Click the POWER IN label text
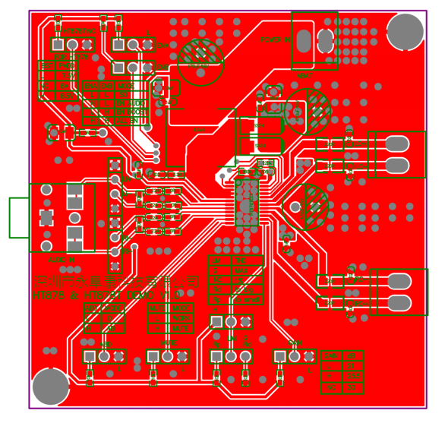[x=275, y=39]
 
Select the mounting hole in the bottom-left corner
[x=51, y=387]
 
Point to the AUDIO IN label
[x=61, y=260]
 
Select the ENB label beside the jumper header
[x=169, y=345]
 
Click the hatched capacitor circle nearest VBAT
[x=308, y=108]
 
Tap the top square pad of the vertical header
[x=115, y=165]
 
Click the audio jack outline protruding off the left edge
[x=19, y=217]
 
